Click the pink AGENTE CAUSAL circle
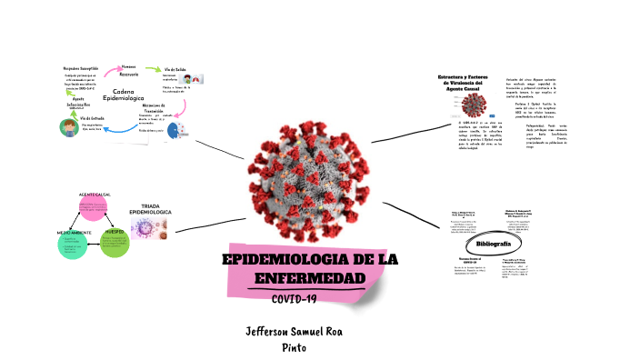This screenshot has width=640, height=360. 95,207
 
